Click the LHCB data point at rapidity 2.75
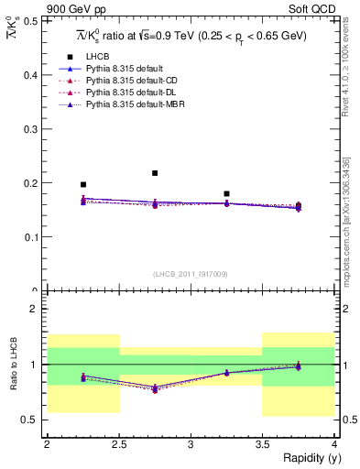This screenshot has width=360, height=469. tap(155, 173)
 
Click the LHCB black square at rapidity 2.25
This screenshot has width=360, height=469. tap(83, 185)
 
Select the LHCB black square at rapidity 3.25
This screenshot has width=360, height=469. tap(226, 194)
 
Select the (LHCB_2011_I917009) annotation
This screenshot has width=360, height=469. tap(191, 273)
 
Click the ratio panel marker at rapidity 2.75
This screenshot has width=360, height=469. tap(155, 389)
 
